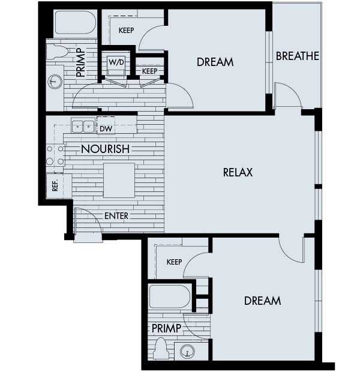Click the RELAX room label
click(x=238, y=173)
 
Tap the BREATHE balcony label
click(x=297, y=56)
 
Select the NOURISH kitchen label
click(x=105, y=149)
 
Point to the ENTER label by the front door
click(x=116, y=215)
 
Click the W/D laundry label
click(x=116, y=61)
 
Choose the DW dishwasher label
click(x=106, y=128)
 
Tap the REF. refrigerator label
click(x=55, y=186)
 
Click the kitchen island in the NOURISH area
click(x=119, y=180)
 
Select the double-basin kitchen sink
click(x=83, y=127)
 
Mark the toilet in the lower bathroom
click(x=160, y=347)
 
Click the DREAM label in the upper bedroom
click(x=215, y=62)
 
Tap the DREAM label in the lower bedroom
click(x=262, y=301)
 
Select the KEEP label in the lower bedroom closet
click(x=174, y=262)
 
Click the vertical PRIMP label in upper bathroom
click(x=80, y=62)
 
